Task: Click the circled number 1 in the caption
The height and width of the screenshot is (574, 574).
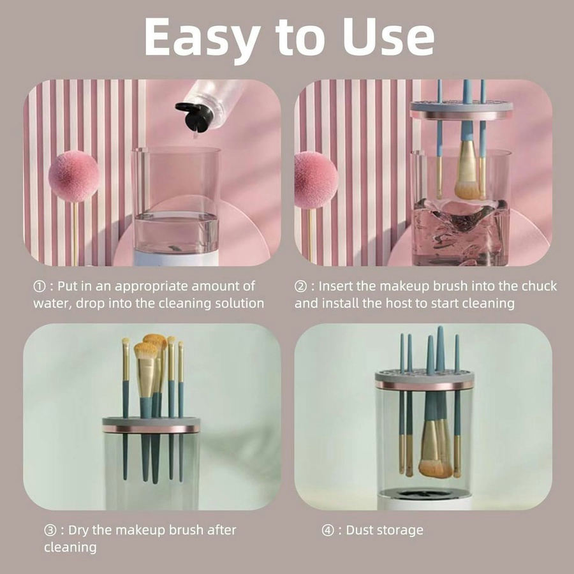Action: coord(39,286)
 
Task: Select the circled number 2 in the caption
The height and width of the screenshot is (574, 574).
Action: coord(300,286)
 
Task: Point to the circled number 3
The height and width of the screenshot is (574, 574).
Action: coord(50,531)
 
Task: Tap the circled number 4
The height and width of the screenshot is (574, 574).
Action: coord(328,531)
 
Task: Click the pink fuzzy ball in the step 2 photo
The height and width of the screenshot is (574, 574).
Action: coord(316,180)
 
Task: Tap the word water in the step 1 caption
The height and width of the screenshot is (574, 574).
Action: coord(52,304)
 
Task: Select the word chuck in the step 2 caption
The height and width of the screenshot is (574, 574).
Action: coord(539,286)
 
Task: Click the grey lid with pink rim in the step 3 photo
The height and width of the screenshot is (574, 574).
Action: coord(151,425)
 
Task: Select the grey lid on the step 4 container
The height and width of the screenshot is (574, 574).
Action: coord(424,381)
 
